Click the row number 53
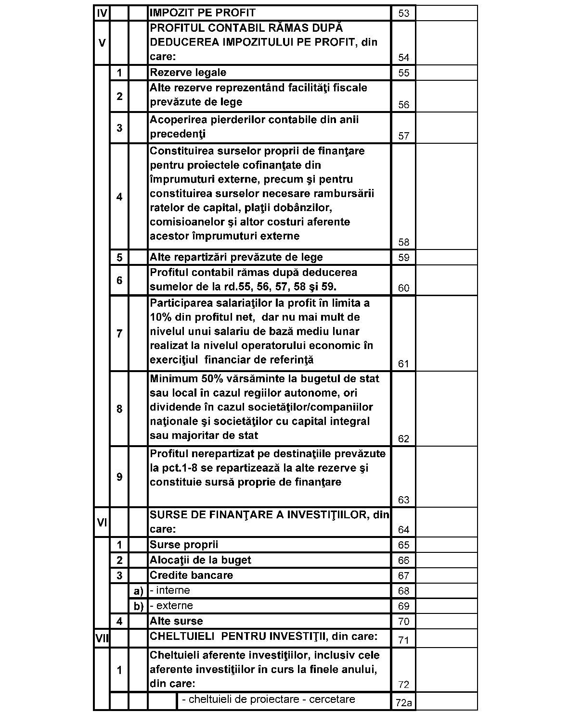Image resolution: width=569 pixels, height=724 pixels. pos(403,13)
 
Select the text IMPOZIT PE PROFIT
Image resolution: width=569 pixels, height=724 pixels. pos(203,12)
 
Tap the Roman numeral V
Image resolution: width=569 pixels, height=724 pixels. pos(102,43)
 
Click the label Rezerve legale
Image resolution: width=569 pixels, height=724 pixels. pos(188,73)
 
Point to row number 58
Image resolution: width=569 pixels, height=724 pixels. pos(403,242)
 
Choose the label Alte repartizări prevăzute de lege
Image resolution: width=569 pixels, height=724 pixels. pos(236,257)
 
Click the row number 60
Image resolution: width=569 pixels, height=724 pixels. pos(403,288)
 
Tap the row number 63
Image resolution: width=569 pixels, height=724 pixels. pos(403,500)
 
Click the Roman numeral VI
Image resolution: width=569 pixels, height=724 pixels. pos(102,522)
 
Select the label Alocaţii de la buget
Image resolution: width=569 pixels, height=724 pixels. pos(200,560)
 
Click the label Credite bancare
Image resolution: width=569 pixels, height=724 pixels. pos(191,575)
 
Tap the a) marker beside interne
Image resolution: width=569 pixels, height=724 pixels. pos(138,591)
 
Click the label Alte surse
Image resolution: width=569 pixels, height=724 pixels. pos(176,621)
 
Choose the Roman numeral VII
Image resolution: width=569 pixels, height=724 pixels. pos(102,638)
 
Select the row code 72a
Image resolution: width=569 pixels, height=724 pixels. pos(403,703)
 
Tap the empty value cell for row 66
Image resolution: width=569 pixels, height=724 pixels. pos(446,560)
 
